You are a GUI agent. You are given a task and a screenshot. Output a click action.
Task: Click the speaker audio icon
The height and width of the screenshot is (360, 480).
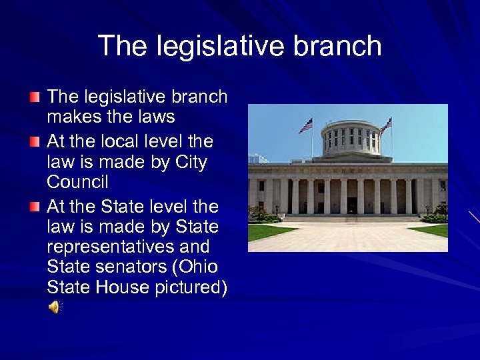click(x=54, y=307)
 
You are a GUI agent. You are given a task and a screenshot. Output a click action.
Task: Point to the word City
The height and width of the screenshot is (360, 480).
click(x=190, y=162)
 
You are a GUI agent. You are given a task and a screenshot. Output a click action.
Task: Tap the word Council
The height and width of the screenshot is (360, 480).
click(x=77, y=182)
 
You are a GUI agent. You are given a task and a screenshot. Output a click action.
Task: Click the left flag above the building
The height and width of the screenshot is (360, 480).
click(x=306, y=125)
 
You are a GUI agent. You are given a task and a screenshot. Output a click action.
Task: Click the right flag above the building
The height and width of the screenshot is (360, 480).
click(x=386, y=125)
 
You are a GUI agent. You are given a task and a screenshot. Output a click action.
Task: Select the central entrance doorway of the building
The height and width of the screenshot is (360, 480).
click(x=351, y=205)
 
